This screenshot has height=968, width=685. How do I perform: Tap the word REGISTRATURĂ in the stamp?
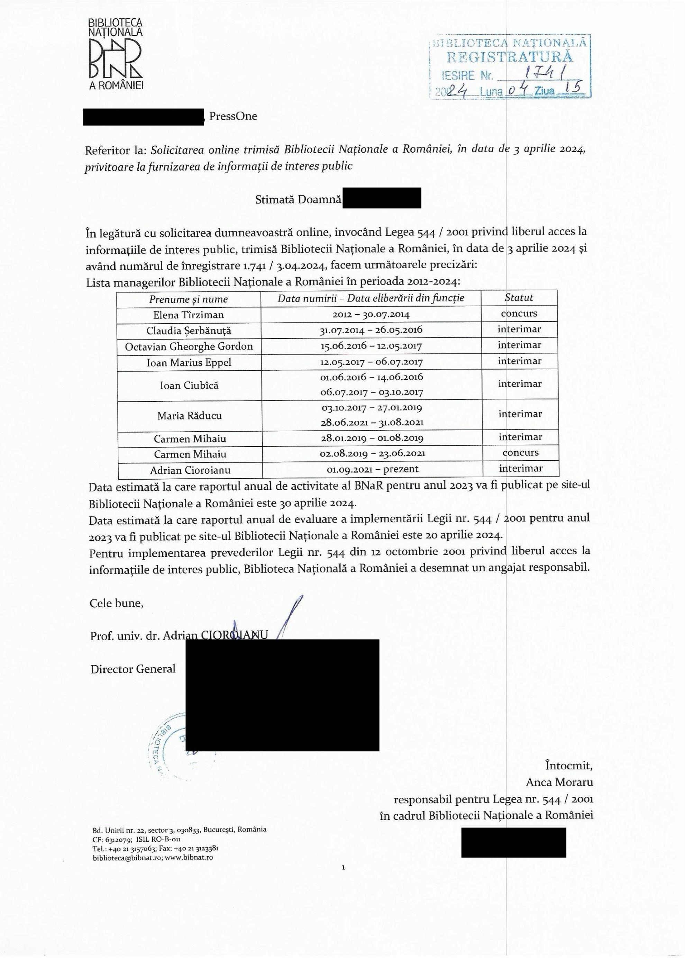pos(509,56)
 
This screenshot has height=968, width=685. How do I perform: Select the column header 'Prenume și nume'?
pos(188,299)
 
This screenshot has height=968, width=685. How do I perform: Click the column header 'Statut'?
pos(519,298)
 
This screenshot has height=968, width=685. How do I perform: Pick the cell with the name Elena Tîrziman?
pos(189,315)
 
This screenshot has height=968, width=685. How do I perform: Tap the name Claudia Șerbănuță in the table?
pos(189,331)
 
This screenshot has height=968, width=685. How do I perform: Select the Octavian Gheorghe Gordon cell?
pos(189,347)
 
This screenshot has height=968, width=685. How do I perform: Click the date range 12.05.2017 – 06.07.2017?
pos(371,362)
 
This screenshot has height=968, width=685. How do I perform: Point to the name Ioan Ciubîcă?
pos(189,385)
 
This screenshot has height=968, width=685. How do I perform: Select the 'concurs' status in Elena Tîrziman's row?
pos(519,314)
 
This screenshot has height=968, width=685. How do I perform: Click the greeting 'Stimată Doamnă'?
pos(298,200)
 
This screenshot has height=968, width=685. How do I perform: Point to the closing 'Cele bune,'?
pos(117,603)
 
